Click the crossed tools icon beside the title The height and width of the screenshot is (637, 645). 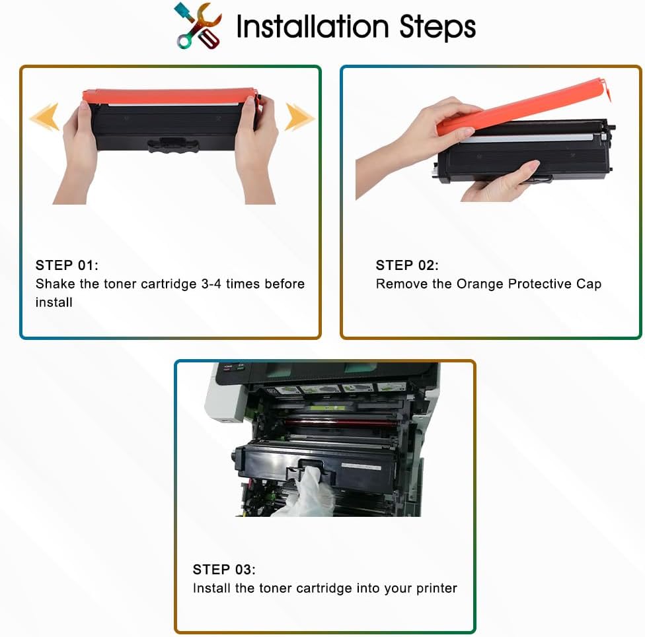198,26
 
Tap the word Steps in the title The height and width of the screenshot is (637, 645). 437,28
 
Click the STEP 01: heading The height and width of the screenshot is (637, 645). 67,265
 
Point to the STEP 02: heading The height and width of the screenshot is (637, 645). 407,265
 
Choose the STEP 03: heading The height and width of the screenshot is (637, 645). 224,569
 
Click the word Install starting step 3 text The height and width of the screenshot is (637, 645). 211,587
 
